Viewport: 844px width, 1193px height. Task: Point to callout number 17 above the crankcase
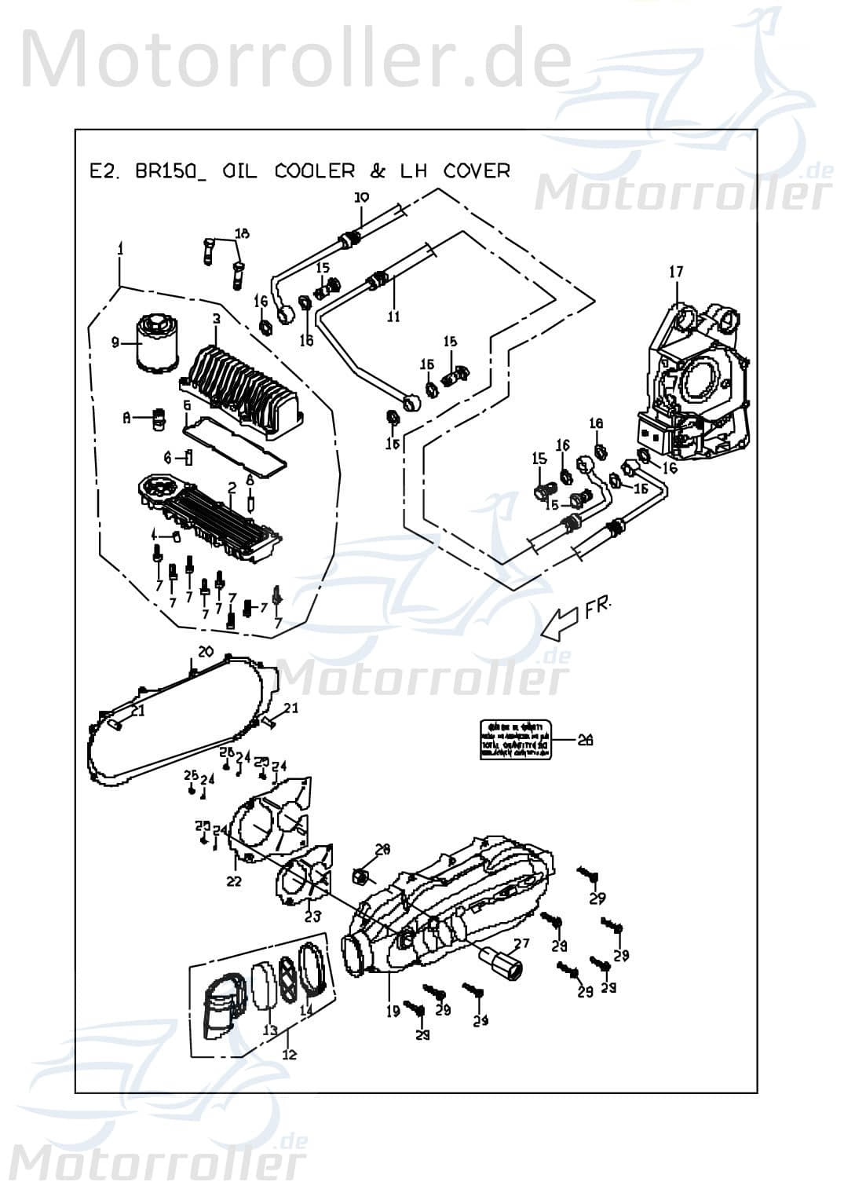pos(676,272)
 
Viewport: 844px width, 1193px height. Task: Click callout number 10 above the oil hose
pos(360,198)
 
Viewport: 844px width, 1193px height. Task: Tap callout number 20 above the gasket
pos(206,651)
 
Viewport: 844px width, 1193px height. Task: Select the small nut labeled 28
pos(364,874)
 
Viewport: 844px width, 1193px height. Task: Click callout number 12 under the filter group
pos(290,1054)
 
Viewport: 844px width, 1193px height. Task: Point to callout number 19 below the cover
pos(393,1012)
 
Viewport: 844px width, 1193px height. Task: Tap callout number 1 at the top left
pos(120,248)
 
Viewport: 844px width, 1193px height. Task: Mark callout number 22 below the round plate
pos(233,881)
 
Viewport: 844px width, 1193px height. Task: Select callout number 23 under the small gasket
pos(312,916)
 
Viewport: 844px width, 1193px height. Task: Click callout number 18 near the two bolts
pos(242,233)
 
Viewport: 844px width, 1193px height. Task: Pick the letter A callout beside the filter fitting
pos(126,419)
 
